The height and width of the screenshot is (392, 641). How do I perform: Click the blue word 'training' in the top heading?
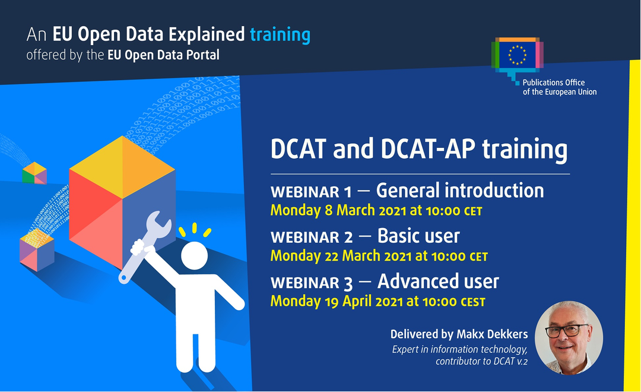(280, 35)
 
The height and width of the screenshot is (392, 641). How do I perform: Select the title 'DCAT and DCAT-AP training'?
(418, 150)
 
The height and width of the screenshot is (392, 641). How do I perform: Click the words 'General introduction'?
(460, 190)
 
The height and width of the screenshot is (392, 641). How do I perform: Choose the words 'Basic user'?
(418, 236)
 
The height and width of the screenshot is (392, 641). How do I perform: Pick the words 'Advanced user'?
(438, 281)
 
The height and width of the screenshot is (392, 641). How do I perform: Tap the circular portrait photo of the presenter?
(569, 337)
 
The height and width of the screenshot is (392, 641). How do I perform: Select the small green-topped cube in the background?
(34, 172)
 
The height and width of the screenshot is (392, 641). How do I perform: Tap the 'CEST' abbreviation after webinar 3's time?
(473, 302)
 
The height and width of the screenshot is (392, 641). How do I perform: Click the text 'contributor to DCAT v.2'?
(481, 361)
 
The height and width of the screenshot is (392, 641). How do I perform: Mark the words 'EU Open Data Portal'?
(163, 55)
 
